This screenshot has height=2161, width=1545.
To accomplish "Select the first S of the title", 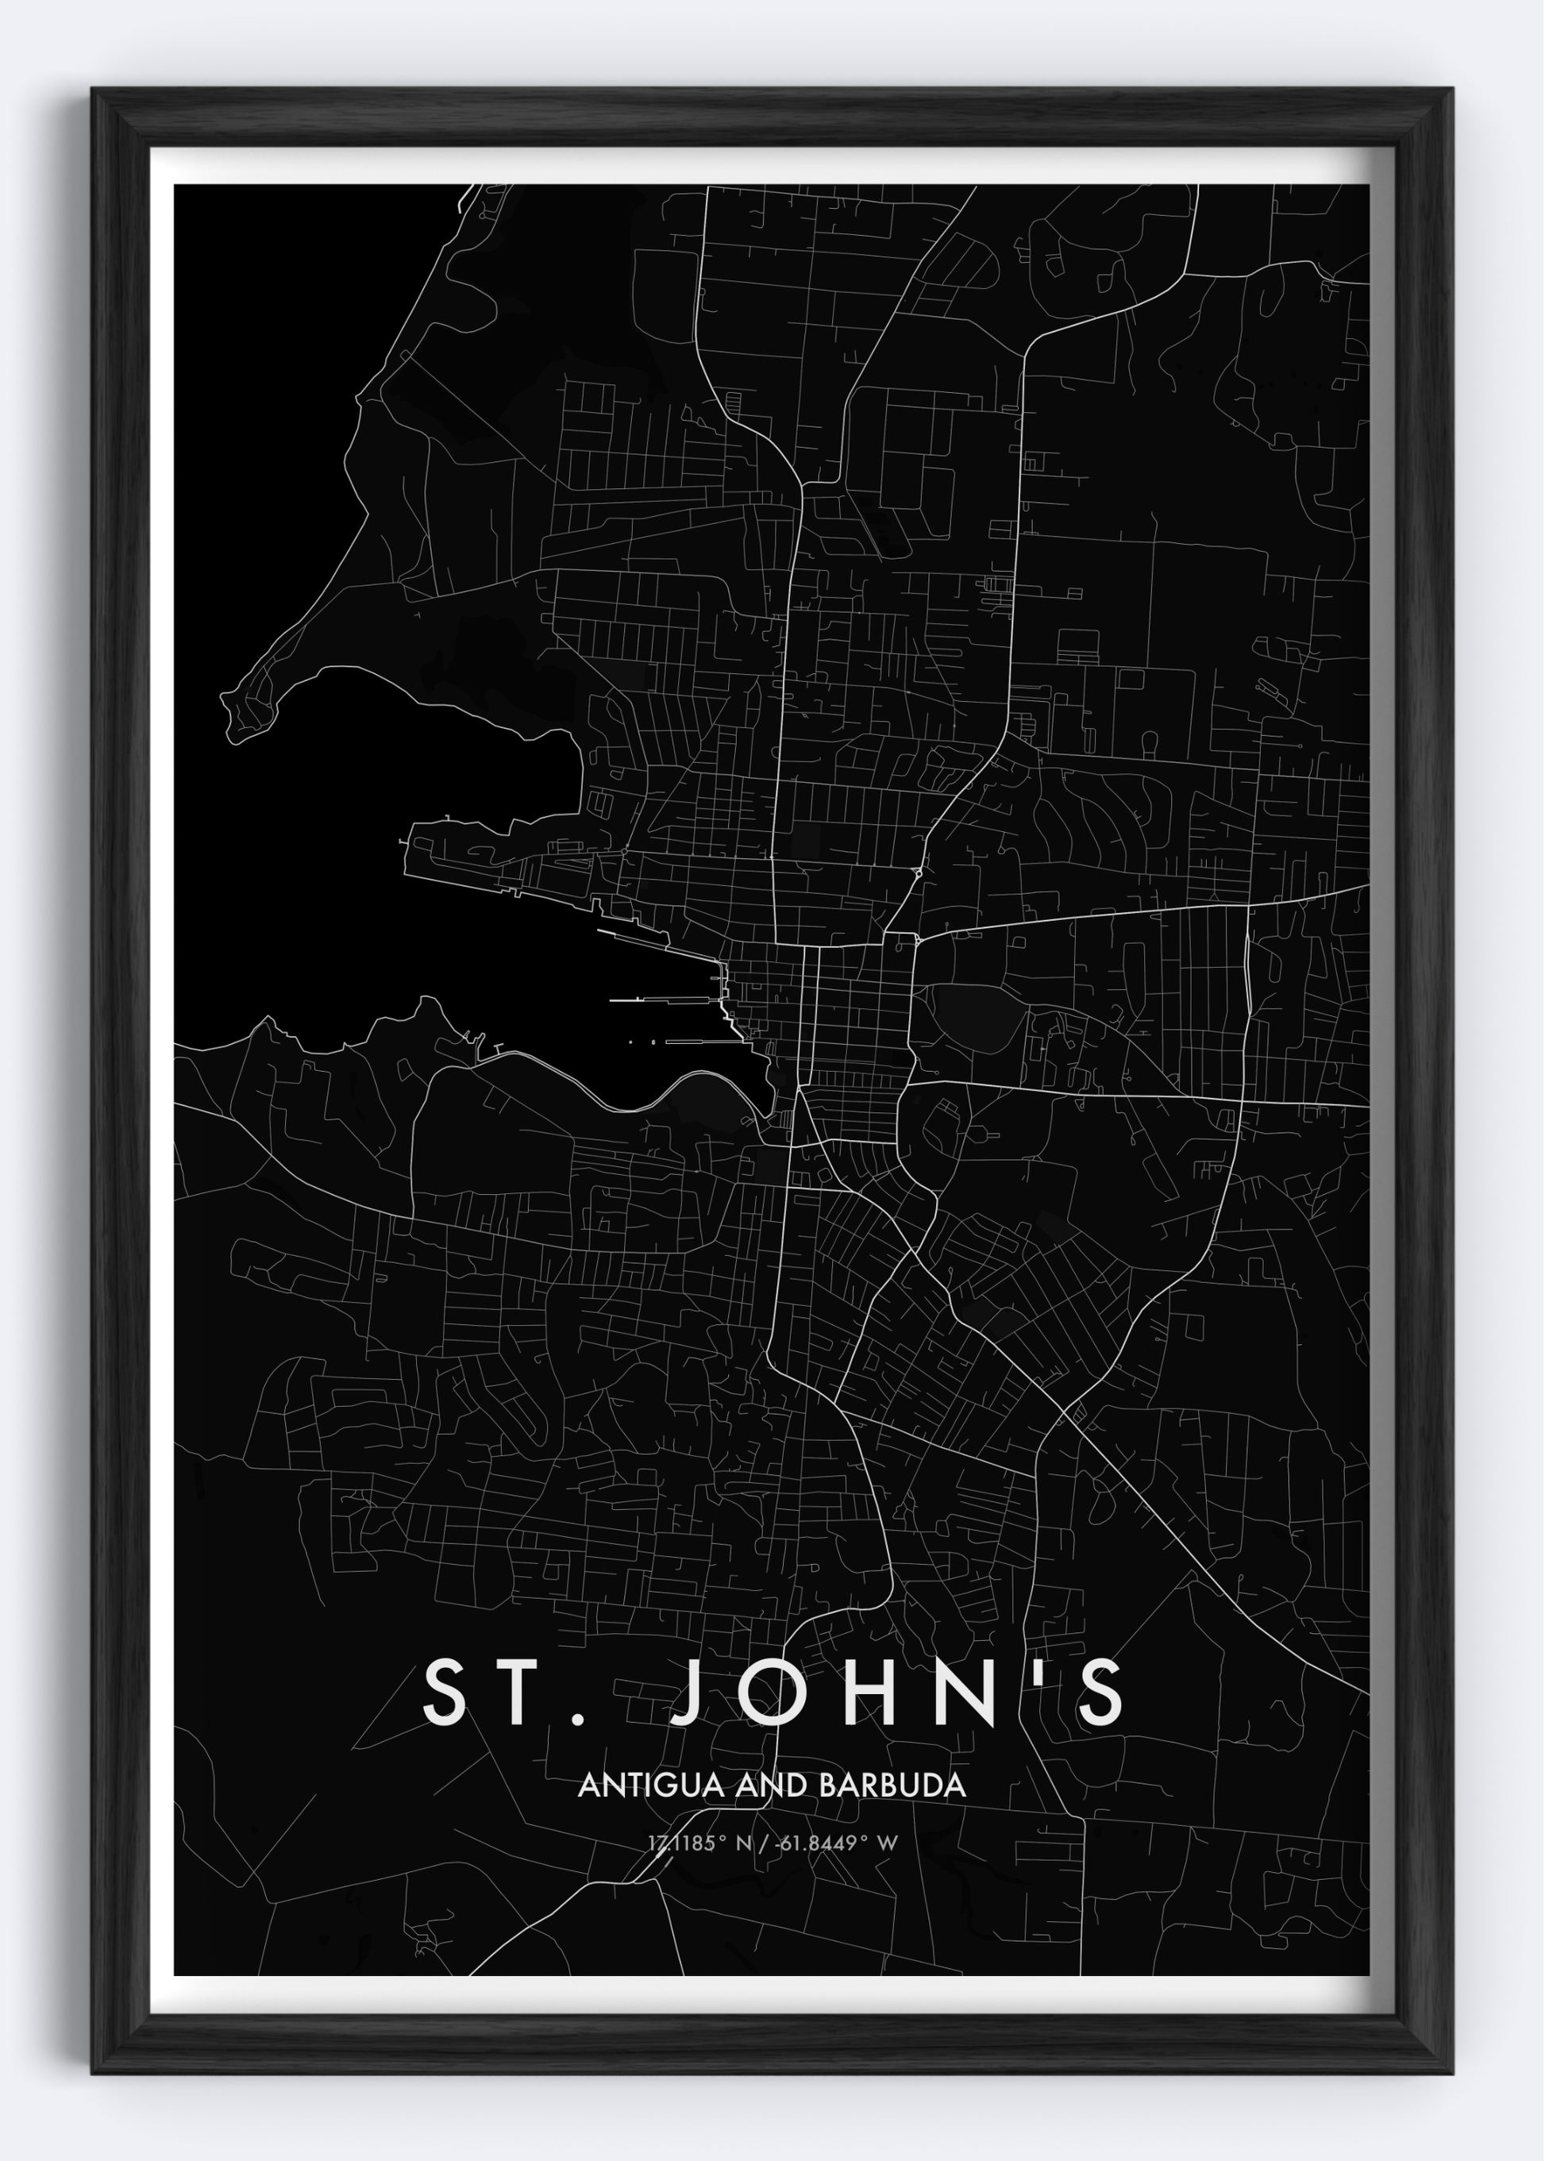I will (x=447, y=1692).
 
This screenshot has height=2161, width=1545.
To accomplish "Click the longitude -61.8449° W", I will (x=836, y=1843).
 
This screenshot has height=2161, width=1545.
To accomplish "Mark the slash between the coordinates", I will (x=764, y=1843).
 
